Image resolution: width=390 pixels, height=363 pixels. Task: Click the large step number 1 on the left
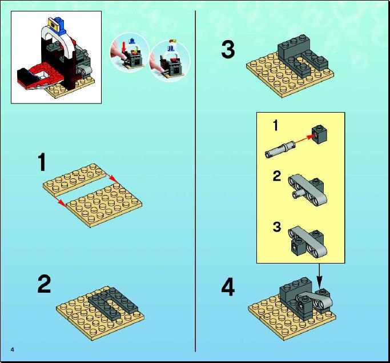(42, 162)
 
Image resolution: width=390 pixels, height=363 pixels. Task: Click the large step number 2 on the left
(45, 284)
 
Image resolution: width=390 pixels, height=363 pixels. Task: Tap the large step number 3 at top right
(228, 50)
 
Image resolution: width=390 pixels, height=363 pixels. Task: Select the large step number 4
(228, 287)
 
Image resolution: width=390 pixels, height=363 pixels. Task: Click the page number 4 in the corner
(13, 349)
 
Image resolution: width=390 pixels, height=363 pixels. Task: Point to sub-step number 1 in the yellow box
(275, 125)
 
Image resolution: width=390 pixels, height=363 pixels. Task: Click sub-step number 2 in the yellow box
(277, 176)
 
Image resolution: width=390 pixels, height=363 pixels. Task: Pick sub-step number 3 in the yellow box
(277, 226)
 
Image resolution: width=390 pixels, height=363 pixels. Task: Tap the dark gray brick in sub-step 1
(319, 135)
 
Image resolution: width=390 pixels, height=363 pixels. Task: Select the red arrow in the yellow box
(303, 139)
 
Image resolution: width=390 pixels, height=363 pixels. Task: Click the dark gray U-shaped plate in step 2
(113, 303)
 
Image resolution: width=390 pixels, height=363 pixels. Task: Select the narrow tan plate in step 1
(75, 179)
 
